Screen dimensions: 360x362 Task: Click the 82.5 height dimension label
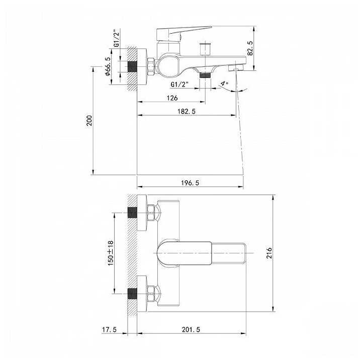click(250, 48)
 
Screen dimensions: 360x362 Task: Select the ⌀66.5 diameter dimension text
click(108, 66)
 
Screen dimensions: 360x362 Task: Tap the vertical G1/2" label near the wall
click(117, 38)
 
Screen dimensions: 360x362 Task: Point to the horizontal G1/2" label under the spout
click(179, 84)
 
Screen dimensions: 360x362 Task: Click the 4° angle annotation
click(224, 83)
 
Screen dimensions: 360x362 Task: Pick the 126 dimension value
click(172, 98)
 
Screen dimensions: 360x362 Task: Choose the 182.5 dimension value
click(187, 111)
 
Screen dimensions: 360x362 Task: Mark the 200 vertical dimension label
click(89, 121)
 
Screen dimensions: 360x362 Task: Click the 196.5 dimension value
click(190, 183)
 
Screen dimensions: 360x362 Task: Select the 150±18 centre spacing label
click(111, 253)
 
